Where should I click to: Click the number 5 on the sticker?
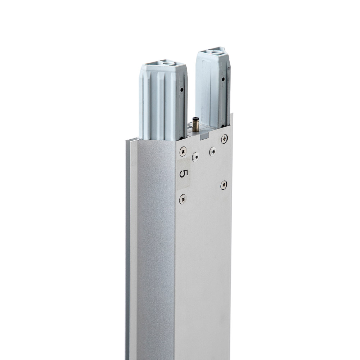pos(183,174)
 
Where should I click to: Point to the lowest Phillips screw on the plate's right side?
pos(224,185)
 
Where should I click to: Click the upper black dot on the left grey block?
pos(182,90)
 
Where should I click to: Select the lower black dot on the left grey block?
pos(182,138)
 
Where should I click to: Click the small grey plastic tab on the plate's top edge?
pos(204,136)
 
